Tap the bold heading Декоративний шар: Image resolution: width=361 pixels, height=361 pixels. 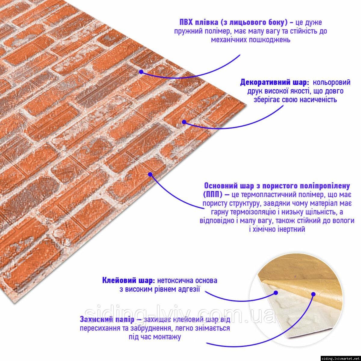tap(274, 82)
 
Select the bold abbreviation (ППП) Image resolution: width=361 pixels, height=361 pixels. tap(213, 195)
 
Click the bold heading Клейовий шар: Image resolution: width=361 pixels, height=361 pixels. tap(128, 280)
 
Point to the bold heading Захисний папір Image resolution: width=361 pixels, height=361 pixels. tap(107, 319)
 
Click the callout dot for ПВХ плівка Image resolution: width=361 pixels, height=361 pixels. tap(141, 72)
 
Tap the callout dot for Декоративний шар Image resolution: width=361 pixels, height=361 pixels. tap(184, 122)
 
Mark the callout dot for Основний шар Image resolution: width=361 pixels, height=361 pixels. tap(150, 174)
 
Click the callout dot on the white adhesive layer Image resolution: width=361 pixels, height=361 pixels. tap(276, 293)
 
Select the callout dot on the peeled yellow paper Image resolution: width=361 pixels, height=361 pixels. tap(313, 294)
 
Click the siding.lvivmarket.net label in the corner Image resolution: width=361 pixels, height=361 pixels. tap(341, 359)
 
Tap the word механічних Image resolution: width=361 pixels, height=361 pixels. tap(229, 40)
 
